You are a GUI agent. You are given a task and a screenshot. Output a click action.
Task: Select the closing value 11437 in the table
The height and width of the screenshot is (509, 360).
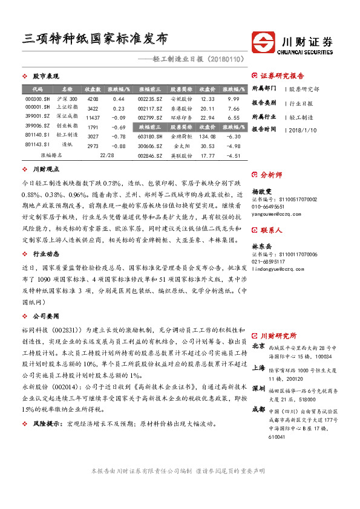pos(93,117)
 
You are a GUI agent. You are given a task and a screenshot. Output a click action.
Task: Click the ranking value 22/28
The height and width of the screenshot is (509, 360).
pos(106,155)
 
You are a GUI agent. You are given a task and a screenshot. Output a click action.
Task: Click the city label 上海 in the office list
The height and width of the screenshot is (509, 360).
pos(258,367)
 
